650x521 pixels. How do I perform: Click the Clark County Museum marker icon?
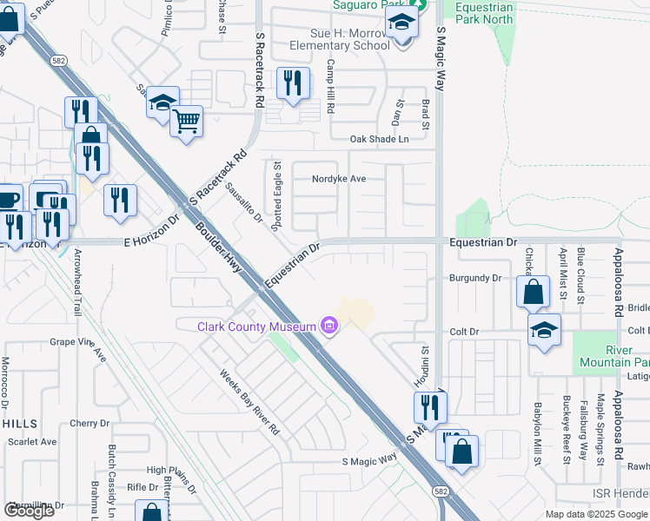329,326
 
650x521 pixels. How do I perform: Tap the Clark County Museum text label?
257,326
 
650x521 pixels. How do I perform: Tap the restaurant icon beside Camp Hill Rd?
293,83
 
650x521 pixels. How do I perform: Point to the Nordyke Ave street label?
340,179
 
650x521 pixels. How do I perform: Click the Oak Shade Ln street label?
378,139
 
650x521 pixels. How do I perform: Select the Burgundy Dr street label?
475,278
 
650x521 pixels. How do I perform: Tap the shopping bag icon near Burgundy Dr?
534,293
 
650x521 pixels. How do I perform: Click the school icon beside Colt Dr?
545,330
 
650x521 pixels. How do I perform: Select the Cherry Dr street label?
90,424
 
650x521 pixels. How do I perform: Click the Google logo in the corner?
29,511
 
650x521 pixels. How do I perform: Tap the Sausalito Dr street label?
243,201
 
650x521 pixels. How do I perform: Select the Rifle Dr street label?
143,487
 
